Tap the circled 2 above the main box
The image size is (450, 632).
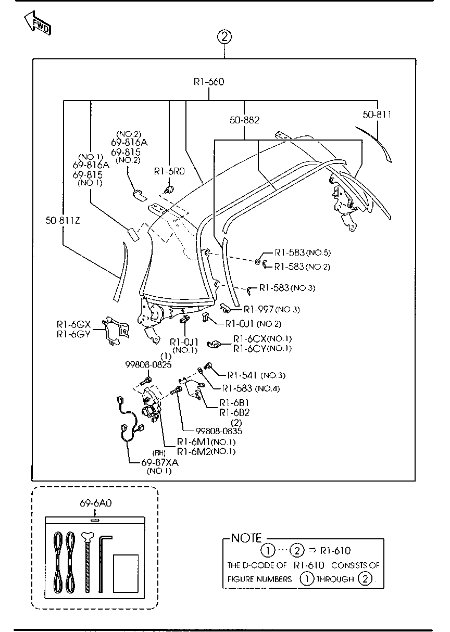pos(224,37)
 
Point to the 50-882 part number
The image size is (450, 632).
pos(244,120)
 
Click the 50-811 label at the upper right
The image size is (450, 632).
pos(377,115)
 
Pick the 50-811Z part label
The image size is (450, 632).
pos(63,221)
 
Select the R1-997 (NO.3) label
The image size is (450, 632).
pos(271,309)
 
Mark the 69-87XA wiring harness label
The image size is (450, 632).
pos(159,462)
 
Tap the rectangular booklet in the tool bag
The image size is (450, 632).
pos(126,573)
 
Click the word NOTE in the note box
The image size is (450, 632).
pos(246,538)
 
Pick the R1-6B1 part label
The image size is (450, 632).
pos(234,402)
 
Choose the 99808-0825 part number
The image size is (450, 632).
pos(148,365)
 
